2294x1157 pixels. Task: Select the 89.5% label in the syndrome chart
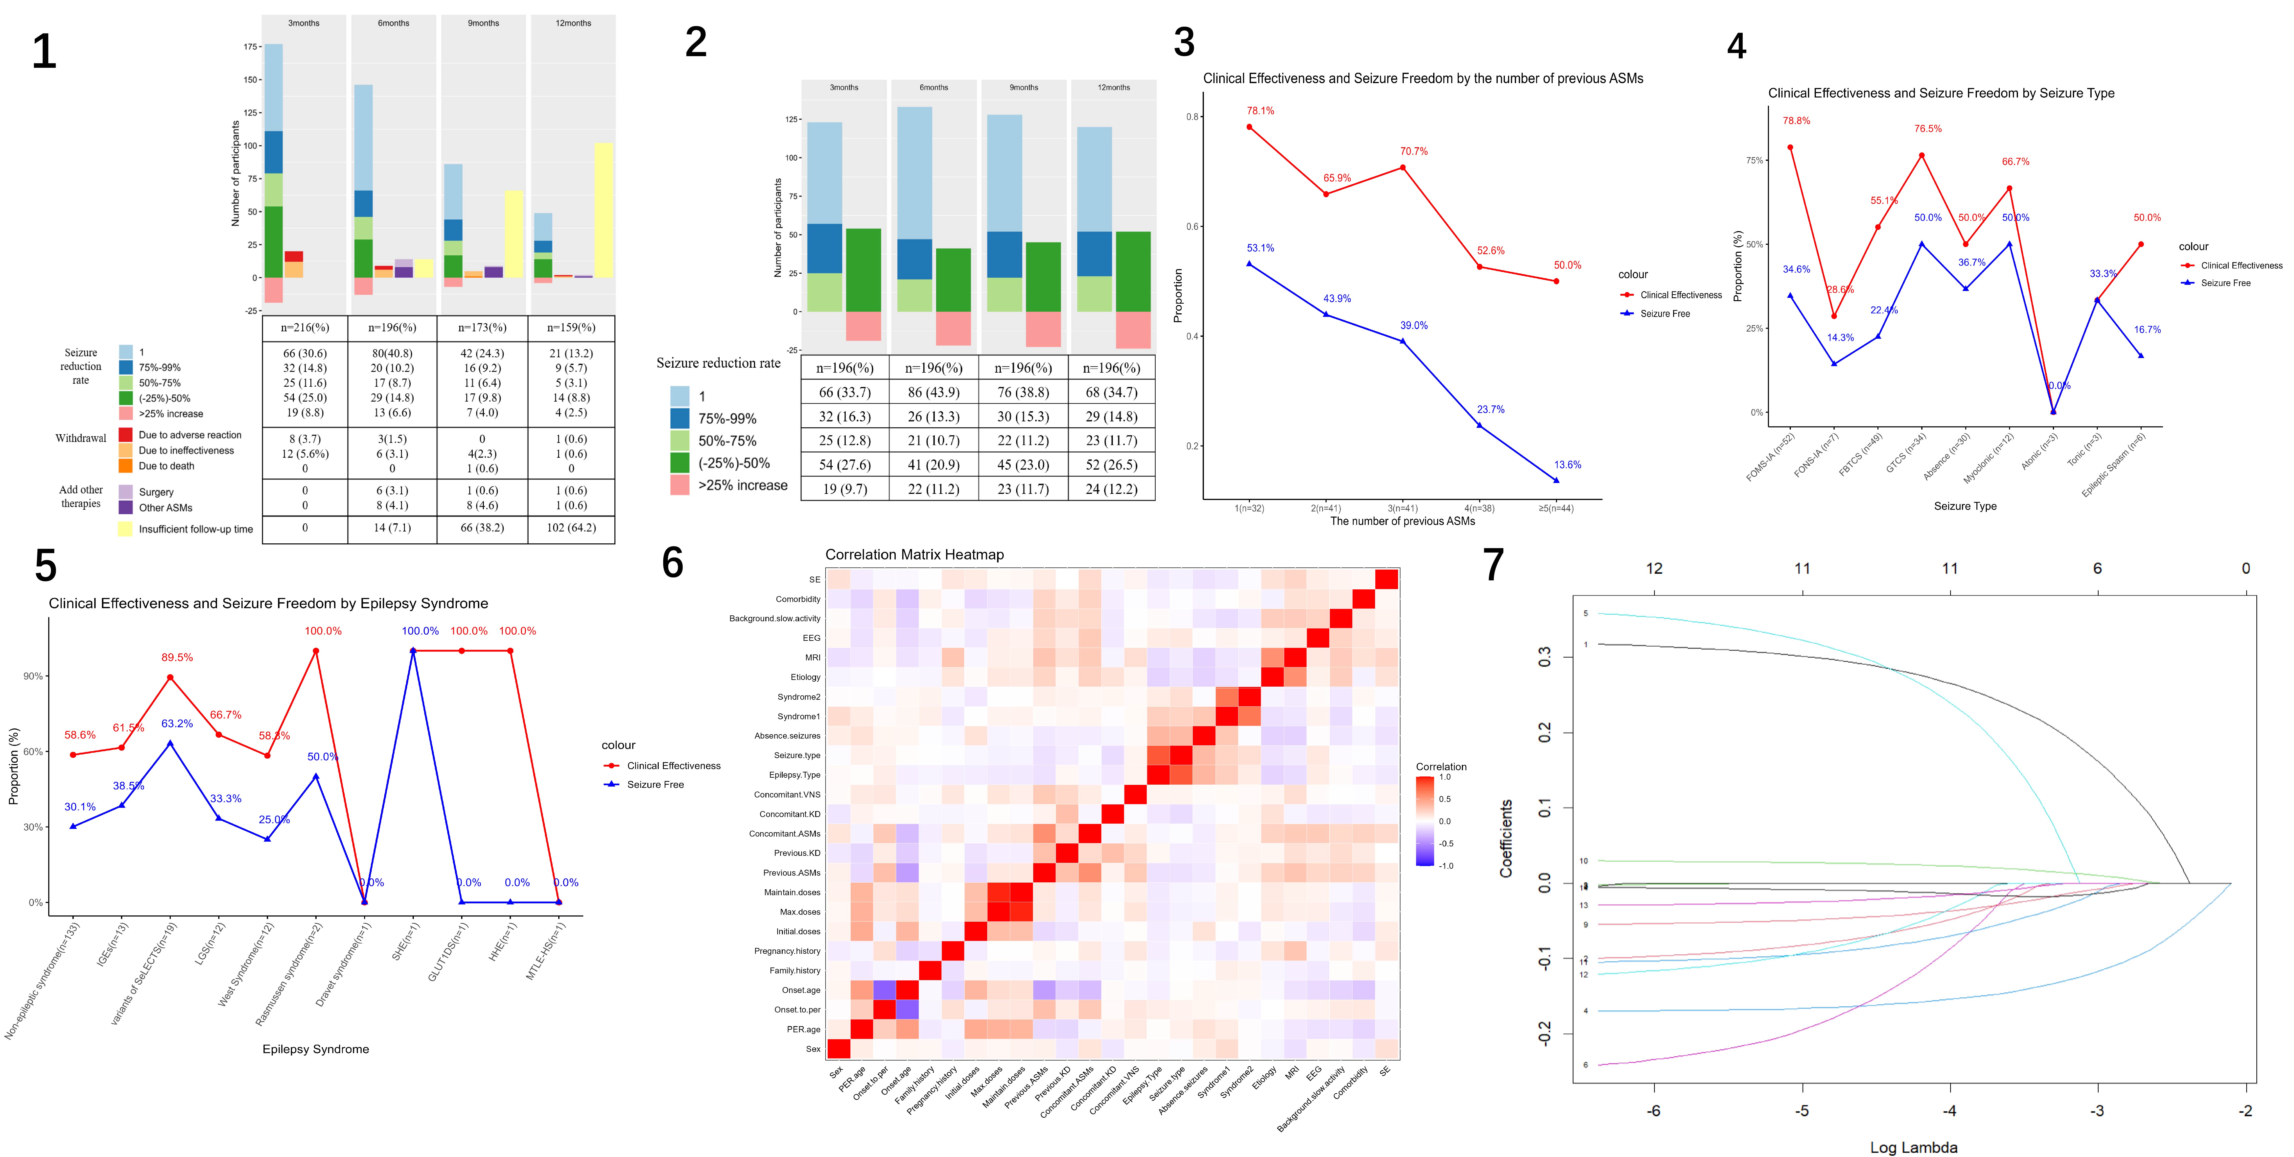tap(176, 657)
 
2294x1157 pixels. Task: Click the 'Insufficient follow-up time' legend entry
tap(195, 529)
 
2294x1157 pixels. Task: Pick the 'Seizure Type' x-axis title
tap(1965, 506)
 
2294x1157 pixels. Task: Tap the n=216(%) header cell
tap(304, 328)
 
